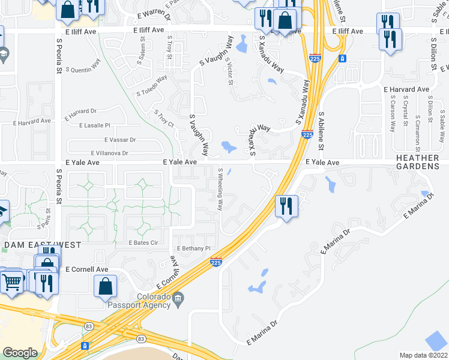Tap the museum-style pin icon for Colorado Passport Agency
pos(177,298)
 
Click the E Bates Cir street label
pos(142,242)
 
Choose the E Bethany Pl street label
pos(193,248)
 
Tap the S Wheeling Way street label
pos(220,188)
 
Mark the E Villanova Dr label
pos(109,153)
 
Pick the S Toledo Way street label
pos(151,86)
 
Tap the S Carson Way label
pos(393,113)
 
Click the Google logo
pos(20,352)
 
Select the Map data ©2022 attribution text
pos(424,355)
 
